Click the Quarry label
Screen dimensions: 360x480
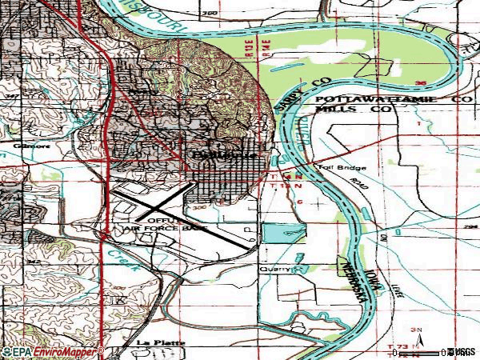pos(272,270)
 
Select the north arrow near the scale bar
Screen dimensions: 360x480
pos(415,331)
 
